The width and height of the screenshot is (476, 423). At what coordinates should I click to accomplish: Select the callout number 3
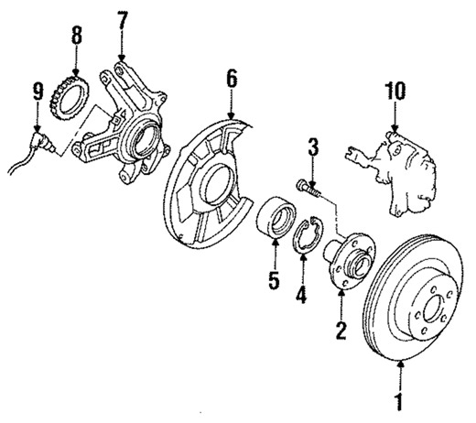(x=311, y=147)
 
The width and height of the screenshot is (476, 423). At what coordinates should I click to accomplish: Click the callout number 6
(x=232, y=80)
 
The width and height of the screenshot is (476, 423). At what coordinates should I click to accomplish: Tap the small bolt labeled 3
(x=306, y=189)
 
